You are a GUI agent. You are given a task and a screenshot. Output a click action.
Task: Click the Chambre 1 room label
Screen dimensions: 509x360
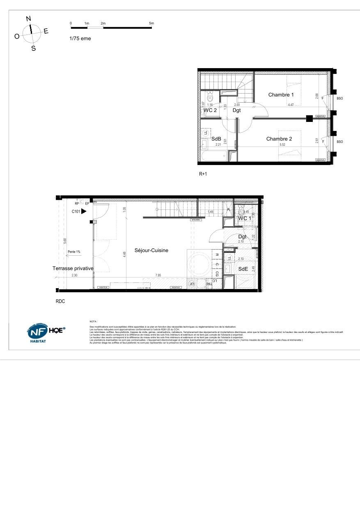(x=281, y=95)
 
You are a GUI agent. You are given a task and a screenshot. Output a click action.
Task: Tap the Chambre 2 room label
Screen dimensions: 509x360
(x=279, y=139)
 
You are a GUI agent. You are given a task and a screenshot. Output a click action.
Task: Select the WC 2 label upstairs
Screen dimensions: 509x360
(x=210, y=110)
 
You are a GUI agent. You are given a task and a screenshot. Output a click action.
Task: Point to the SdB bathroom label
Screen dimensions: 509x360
(x=216, y=139)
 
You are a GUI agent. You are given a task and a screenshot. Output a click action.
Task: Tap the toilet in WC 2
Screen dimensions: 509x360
(x=210, y=98)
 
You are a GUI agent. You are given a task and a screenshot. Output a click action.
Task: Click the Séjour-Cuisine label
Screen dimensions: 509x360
(x=151, y=250)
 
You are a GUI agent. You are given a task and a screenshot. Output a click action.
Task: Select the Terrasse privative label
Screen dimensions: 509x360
(x=73, y=268)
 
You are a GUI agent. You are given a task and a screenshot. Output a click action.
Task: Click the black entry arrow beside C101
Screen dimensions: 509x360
(x=84, y=211)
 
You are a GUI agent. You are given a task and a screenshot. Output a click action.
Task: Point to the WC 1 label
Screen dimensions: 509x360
(x=245, y=218)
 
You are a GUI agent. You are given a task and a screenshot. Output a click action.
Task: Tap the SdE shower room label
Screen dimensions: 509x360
(x=243, y=268)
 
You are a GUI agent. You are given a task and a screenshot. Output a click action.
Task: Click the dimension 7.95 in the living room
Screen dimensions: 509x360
(x=158, y=275)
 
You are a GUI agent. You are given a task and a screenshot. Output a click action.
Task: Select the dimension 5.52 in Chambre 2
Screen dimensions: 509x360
(x=282, y=145)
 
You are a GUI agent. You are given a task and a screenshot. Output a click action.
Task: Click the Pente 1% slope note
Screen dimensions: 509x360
(x=74, y=252)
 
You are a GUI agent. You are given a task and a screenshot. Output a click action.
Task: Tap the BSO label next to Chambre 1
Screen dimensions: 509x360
(x=339, y=99)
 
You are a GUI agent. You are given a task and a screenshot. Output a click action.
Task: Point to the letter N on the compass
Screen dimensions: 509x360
(x=28, y=18)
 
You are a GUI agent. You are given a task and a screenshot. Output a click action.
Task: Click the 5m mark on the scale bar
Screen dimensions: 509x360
(x=151, y=23)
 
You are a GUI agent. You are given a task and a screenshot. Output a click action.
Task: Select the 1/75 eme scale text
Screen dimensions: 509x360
(x=80, y=39)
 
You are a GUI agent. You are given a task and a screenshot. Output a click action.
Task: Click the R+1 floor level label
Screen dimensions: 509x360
(x=203, y=174)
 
